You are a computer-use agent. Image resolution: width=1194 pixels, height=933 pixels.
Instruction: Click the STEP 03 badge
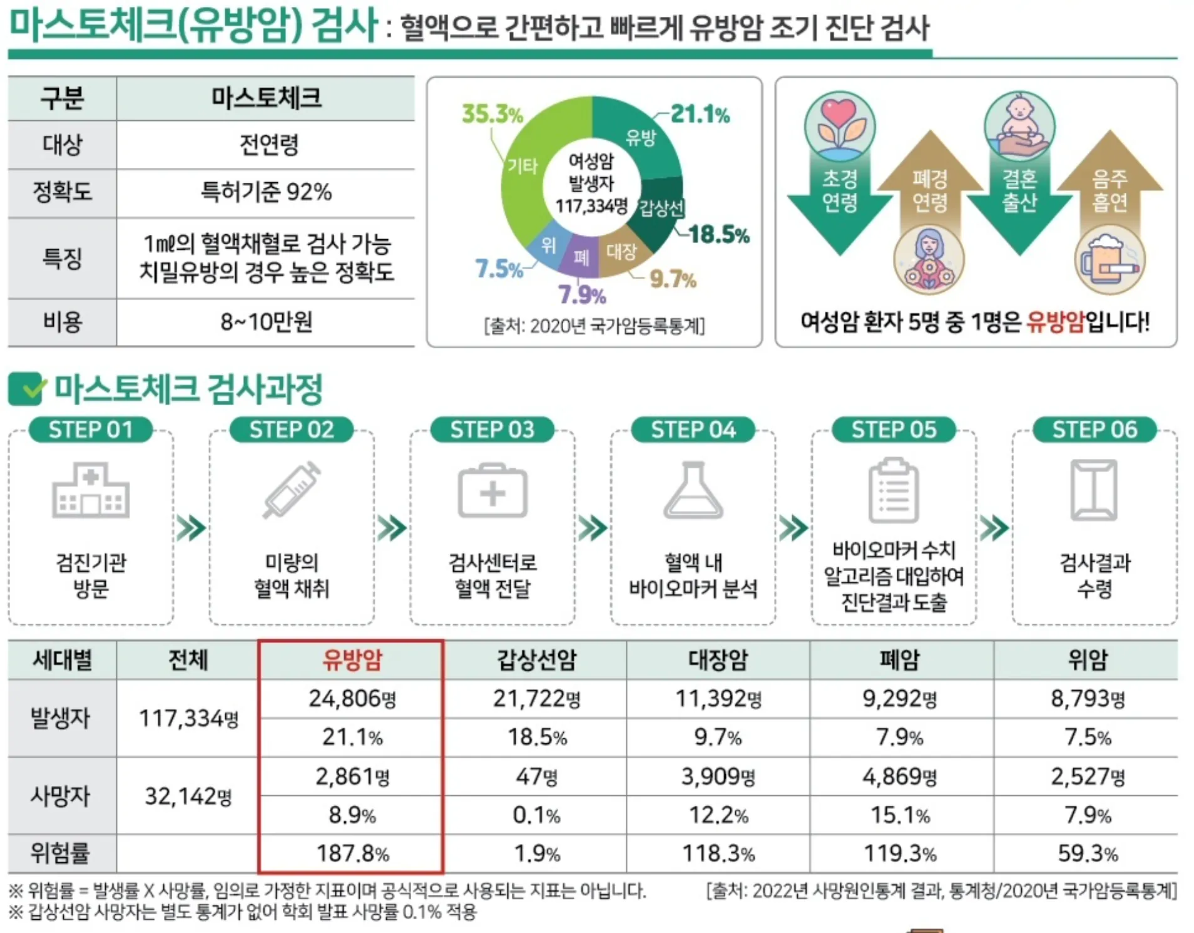coord(492,430)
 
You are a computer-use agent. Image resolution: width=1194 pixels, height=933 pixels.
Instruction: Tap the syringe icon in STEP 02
coord(292,490)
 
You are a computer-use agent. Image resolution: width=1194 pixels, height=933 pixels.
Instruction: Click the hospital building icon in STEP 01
coord(91,491)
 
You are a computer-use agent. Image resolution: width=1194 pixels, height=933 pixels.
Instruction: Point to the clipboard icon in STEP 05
coord(894,490)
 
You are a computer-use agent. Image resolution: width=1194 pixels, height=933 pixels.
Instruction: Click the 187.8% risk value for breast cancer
coord(352,853)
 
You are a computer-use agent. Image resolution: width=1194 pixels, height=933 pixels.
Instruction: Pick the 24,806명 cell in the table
coord(352,698)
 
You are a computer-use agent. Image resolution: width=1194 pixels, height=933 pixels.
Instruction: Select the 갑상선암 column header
coord(536,659)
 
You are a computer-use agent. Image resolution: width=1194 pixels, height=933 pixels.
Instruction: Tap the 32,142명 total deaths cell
coord(188,796)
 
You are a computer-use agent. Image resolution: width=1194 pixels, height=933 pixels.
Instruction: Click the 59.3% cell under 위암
coord(1087,853)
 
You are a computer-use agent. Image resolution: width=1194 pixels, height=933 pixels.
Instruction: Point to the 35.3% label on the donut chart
coord(492,114)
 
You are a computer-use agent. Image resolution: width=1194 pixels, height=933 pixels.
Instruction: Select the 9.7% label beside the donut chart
coord(672,279)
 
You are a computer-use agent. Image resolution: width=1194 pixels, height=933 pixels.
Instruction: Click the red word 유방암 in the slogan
coord(1054,321)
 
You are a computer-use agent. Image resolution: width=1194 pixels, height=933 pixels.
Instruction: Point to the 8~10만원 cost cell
coord(265,322)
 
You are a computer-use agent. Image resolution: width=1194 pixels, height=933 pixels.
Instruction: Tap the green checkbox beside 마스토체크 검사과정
coord(26,389)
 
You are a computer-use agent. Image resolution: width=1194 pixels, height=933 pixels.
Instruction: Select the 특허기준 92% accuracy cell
coord(265,192)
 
